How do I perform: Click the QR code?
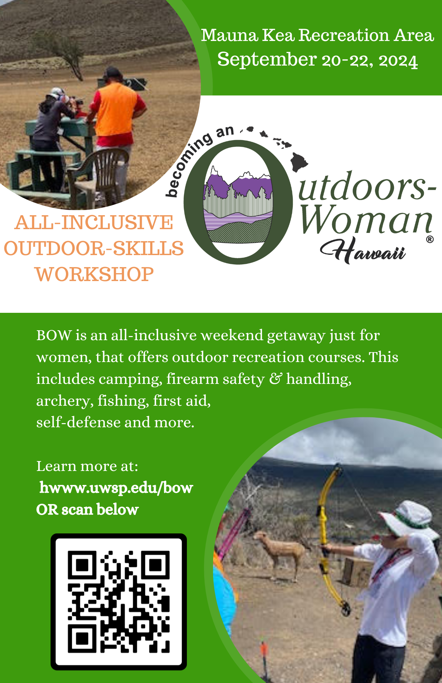point(119,601)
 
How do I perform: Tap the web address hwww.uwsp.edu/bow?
point(116,488)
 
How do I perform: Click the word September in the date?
point(267,60)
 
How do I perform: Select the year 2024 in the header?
point(398,61)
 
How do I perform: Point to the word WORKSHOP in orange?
point(95,274)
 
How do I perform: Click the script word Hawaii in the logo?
point(363,250)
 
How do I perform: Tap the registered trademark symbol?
point(430,239)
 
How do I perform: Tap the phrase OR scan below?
point(87,510)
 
